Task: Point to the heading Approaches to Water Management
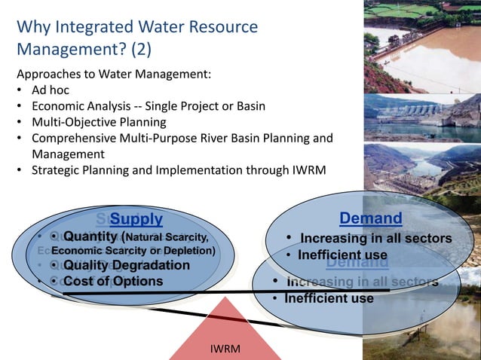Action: click(113, 75)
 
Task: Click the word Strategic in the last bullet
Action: click(55, 170)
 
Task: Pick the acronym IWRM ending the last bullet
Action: click(309, 170)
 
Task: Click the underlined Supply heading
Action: click(136, 219)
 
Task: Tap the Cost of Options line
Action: click(112, 281)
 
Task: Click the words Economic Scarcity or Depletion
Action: click(133, 250)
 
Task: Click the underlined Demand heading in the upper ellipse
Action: click(370, 218)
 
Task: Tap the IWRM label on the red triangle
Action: click(225, 349)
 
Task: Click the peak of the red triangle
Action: click(225, 298)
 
